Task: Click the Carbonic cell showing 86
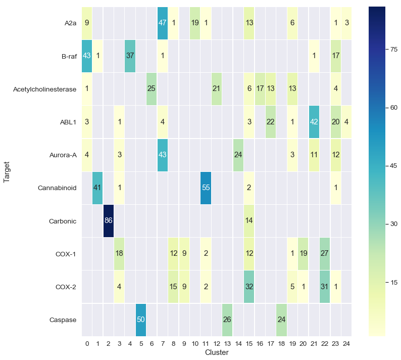click(108, 221)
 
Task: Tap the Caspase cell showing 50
click(139, 320)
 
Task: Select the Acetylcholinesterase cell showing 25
click(150, 89)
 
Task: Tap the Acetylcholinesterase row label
click(45, 89)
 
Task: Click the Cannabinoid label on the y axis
click(57, 188)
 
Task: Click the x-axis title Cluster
click(216, 352)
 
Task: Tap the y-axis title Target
click(7, 172)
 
